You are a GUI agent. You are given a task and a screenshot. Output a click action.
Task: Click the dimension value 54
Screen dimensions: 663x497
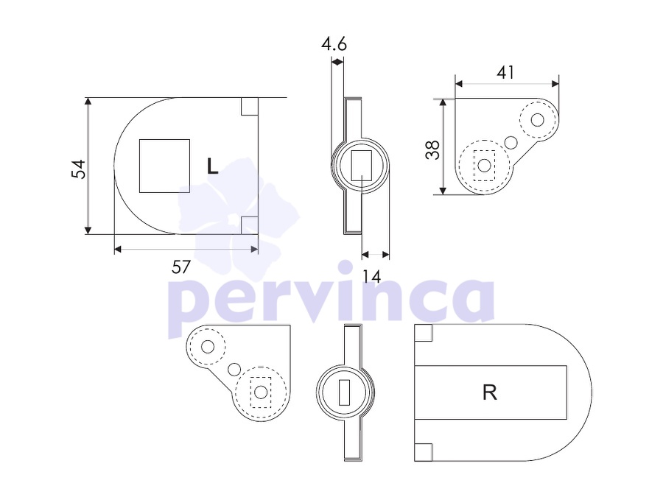pyautogui.click(x=79, y=169)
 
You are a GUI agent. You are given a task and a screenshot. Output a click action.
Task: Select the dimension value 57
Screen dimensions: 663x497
pyautogui.click(x=181, y=267)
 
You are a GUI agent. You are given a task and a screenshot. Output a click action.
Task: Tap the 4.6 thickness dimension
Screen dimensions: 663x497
pyautogui.click(x=334, y=44)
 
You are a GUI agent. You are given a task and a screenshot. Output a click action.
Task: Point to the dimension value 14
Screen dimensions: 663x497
pyautogui.click(x=372, y=277)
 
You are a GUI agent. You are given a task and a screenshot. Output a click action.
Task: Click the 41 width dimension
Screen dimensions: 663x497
pyautogui.click(x=505, y=73)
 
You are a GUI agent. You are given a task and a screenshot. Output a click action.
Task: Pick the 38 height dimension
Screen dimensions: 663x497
pyautogui.click(x=432, y=150)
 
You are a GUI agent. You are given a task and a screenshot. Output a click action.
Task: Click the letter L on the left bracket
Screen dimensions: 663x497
pyautogui.click(x=212, y=166)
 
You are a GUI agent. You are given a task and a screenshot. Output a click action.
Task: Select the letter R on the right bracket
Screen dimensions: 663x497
pyautogui.click(x=490, y=392)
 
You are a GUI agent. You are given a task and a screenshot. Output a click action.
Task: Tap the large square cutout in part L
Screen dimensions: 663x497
pyautogui.click(x=164, y=166)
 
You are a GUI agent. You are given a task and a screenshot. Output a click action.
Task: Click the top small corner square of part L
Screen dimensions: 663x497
pyautogui.click(x=250, y=106)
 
